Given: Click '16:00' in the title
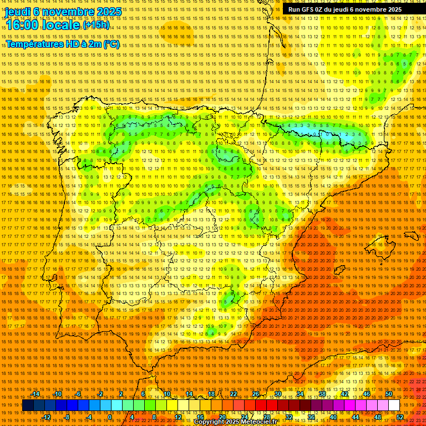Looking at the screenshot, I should click(23, 25).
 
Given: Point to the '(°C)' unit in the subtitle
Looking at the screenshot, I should click(111, 44).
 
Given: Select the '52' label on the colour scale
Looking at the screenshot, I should click(400, 417).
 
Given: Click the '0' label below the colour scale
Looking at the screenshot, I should click(110, 417).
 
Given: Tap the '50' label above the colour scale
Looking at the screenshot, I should click(389, 394).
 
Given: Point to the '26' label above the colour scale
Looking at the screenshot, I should click(256, 394).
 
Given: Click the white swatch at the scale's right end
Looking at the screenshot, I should click(394, 405).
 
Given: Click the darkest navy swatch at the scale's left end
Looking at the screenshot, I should click(28, 405).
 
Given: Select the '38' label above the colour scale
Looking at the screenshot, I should click(322, 394).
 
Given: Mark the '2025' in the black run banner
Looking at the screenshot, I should click(392, 9).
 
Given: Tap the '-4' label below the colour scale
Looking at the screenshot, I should click(89, 417).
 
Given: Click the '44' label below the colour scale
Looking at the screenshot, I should click(356, 417).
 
